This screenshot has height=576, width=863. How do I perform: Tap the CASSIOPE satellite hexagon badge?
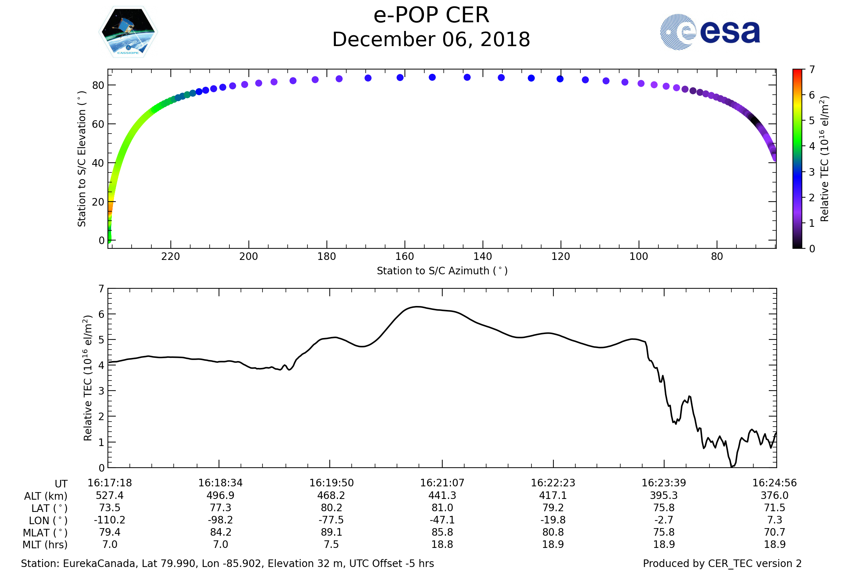[x=128, y=32]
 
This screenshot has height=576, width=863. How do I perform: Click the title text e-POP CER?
[x=431, y=15]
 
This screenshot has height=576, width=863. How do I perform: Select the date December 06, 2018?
[x=431, y=40]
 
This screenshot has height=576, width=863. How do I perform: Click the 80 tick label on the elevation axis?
[x=98, y=86]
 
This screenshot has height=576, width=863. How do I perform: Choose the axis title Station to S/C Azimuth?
[x=442, y=271]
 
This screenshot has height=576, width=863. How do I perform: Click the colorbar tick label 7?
[x=812, y=69]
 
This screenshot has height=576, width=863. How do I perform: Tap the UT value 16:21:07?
[x=442, y=483]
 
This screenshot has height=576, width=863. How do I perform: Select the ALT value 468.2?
[x=331, y=496]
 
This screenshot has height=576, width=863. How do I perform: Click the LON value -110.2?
[x=109, y=520]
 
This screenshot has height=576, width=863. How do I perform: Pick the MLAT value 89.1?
[x=331, y=532]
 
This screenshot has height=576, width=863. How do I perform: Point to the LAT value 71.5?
[x=774, y=508]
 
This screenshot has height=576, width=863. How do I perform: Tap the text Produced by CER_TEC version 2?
[x=722, y=563]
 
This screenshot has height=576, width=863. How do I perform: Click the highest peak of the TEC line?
[x=417, y=306]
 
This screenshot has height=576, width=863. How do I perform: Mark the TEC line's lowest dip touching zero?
[x=732, y=467]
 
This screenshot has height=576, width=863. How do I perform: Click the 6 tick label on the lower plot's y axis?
[x=101, y=314]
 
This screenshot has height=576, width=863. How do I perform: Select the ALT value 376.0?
[x=774, y=496]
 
